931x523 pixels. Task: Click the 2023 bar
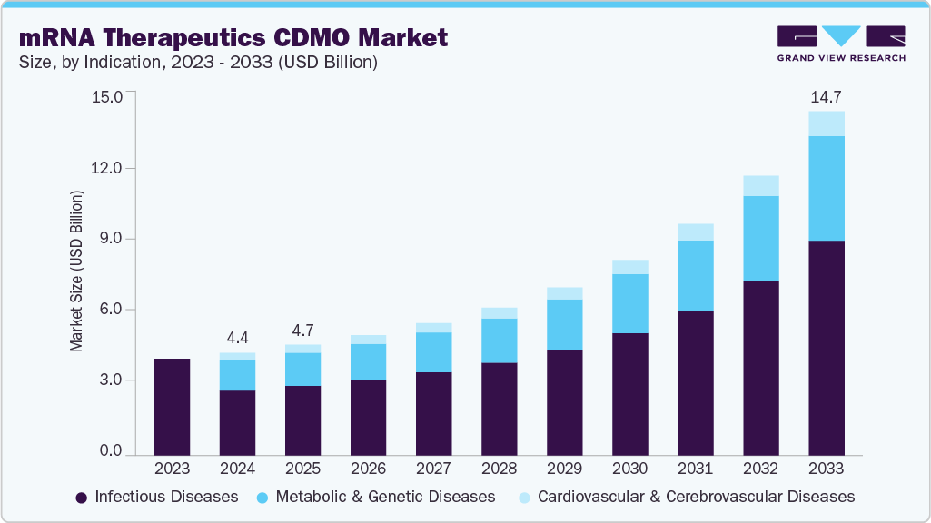172,407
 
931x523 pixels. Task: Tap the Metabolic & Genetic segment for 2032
761,238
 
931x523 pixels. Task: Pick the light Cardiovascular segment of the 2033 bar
827,123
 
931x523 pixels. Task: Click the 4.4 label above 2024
237,338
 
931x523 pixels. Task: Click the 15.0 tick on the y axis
106,96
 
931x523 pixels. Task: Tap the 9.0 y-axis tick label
110,239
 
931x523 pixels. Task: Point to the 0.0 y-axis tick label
110,451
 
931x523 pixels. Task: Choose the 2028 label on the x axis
499,469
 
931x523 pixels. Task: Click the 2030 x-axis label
629,469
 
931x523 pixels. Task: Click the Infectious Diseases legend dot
82,498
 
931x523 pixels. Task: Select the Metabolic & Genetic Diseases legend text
385,497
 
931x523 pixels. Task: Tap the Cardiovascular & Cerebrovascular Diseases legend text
696,497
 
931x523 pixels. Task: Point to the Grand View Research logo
841,43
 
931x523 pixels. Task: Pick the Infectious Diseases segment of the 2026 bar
368,417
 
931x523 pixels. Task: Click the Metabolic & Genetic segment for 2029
564,324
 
